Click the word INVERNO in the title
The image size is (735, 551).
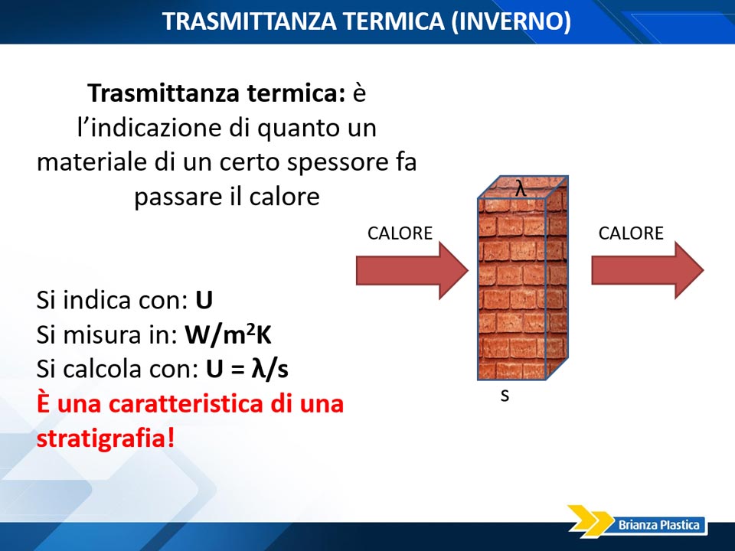[x=511, y=21]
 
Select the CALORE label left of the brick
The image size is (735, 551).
[x=400, y=233]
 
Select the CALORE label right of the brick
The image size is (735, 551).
[x=631, y=233]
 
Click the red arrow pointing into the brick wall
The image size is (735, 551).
[x=413, y=270]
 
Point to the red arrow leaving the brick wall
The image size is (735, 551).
[x=648, y=270]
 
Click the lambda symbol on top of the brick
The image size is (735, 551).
[x=521, y=188]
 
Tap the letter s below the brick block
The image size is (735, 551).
[x=505, y=396]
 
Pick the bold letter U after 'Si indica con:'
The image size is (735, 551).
[x=204, y=300]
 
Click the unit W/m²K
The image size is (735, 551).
[x=228, y=334]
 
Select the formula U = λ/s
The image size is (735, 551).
[x=247, y=369]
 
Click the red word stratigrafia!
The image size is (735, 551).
[x=106, y=438]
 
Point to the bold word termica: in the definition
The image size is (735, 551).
[x=296, y=93]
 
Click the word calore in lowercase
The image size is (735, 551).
[x=285, y=197]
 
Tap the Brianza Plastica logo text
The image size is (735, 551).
[x=659, y=525]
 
